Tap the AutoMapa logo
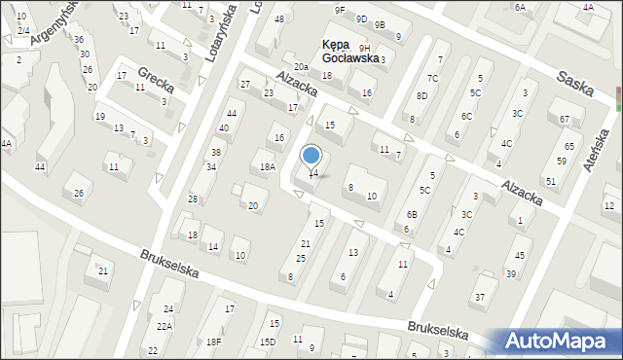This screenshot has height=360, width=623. [559, 342]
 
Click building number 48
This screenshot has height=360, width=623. [280, 19]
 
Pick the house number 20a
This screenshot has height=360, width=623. [302, 67]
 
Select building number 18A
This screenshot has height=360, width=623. [267, 167]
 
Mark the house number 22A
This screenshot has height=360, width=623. [165, 326]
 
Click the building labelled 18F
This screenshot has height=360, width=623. [213, 342]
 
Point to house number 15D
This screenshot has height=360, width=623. [267, 342]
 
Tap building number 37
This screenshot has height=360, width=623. [479, 296]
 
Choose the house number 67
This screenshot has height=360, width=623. [566, 120]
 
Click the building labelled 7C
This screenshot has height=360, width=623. [432, 78]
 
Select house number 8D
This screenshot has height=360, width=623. [421, 95]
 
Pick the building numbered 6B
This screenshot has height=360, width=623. [412, 214]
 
